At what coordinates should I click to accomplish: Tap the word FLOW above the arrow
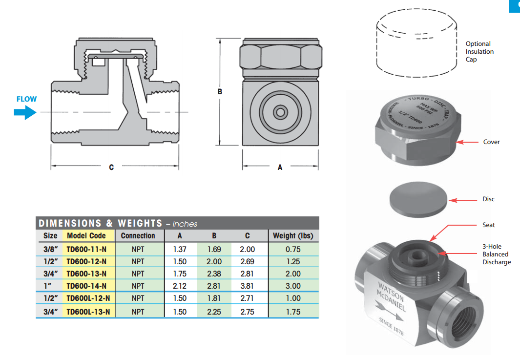click(26, 99)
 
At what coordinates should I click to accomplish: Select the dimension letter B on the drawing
click(220, 91)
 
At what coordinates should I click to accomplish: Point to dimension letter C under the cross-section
click(111, 167)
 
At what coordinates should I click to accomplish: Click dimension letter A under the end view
click(280, 167)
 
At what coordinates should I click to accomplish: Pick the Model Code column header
click(86, 235)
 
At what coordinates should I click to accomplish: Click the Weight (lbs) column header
click(293, 235)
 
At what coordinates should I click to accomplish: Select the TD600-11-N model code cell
click(86, 249)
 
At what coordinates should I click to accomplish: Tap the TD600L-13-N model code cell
click(88, 312)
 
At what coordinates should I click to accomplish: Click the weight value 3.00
click(293, 286)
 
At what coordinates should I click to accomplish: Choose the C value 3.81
click(247, 286)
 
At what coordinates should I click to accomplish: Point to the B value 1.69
click(214, 249)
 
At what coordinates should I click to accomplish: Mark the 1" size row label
click(50, 286)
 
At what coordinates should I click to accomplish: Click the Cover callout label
click(491, 142)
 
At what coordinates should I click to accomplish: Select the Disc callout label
click(488, 199)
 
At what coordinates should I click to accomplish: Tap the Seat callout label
click(488, 225)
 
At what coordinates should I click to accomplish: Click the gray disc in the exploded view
click(419, 198)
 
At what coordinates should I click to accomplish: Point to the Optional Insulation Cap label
click(479, 51)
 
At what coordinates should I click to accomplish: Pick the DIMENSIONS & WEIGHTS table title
click(100, 223)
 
